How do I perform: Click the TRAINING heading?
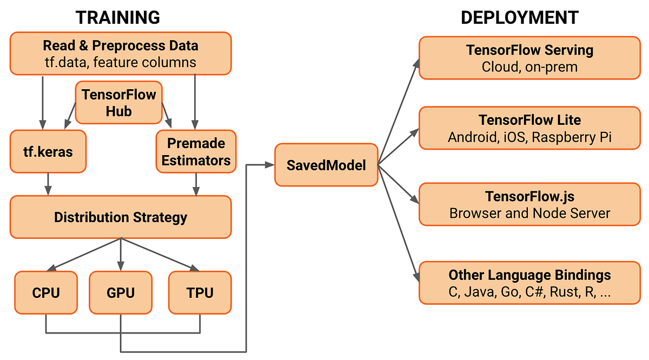[x=117, y=17]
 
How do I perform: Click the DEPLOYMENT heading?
[x=519, y=17]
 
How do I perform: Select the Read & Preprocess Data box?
[x=120, y=54]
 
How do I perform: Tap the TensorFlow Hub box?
[x=118, y=103]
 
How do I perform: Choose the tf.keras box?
[x=48, y=151]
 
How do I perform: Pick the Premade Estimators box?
[x=196, y=151]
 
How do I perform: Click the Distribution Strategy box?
[x=120, y=217]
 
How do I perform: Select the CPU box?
[x=46, y=292]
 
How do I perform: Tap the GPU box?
[x=120, y=292]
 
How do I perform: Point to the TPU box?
[x=200, y=292]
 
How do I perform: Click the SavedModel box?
[x=326, y=165]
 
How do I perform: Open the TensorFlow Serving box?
[x=529, y=58]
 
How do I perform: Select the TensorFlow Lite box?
[x=529, y=128]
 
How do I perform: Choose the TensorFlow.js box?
[x=529, y=204]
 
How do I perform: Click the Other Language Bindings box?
[x=529, y=283]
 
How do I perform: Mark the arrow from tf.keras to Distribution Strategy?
[x=48, y=184]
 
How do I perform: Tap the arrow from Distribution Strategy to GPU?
[x=120, y=254]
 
